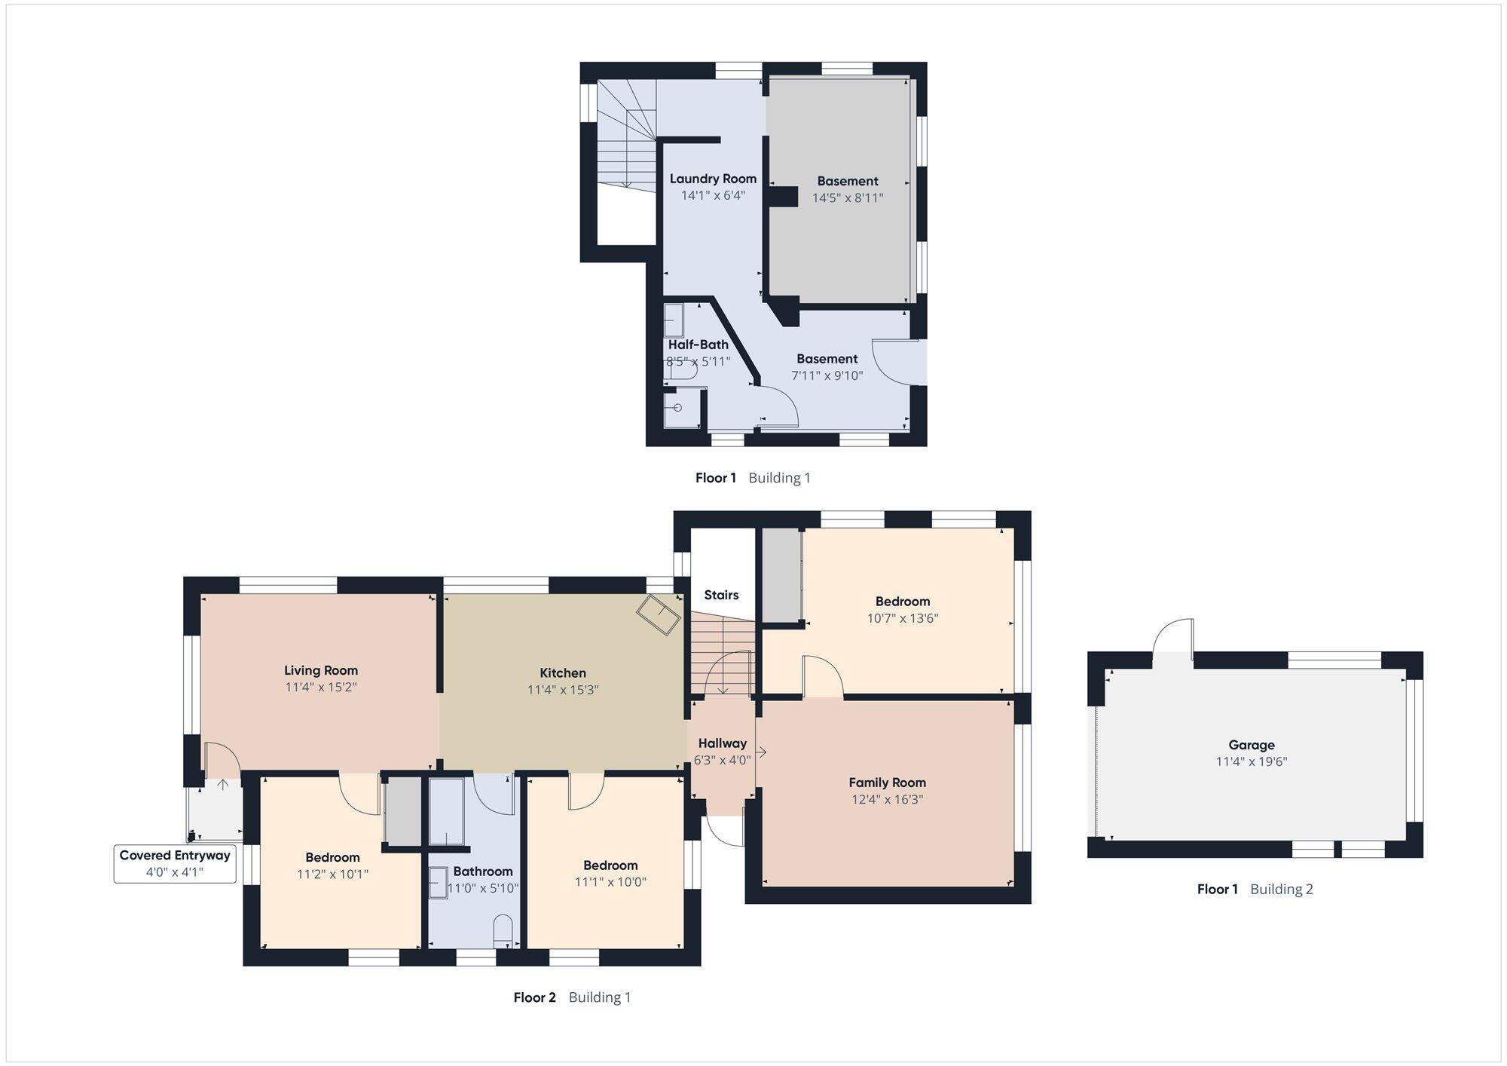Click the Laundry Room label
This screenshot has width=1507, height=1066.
713,179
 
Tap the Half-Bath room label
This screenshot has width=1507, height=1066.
698,345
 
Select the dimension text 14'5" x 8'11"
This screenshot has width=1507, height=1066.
848,198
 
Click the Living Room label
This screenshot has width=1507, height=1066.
321,670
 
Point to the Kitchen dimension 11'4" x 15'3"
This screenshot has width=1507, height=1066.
563,689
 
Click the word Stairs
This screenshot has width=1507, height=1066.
721,595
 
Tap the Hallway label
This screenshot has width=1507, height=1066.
722,743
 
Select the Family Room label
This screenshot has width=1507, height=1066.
887,783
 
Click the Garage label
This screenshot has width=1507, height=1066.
1252,745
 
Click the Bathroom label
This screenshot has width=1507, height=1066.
483,871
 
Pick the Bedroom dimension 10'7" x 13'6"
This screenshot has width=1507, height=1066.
903,618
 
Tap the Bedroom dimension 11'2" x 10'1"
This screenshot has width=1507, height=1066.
332,874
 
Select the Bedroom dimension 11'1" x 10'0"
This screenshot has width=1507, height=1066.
610,882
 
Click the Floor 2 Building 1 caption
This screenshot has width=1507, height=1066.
572,997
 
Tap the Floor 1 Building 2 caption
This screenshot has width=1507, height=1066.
1255,889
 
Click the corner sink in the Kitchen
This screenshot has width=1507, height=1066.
659,616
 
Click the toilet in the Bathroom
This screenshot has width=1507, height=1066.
503,931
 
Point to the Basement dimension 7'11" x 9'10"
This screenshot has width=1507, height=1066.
827,375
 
